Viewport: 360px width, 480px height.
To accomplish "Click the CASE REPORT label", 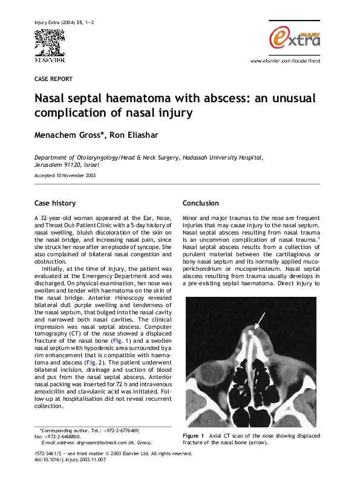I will (53, 79).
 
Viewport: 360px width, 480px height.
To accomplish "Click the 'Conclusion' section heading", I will (200, 203).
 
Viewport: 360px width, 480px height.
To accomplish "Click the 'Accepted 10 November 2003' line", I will (64, 176).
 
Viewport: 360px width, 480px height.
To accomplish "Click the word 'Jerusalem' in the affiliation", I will (50, 164).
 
